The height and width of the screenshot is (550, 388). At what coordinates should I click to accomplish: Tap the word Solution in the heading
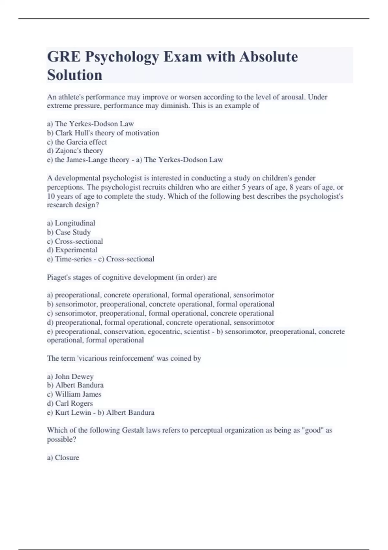[x=75, y=75]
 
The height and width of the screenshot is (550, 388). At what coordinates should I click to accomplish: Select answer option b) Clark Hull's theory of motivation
[x=103, y=133]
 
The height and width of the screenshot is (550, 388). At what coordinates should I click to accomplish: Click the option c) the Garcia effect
[x=77, y=142]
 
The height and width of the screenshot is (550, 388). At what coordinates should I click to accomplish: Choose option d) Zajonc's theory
[x=75, y=151]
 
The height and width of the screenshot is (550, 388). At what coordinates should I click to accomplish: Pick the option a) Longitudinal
[x=71, y=223]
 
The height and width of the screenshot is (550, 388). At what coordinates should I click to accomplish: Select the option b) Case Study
[x=69, y=232]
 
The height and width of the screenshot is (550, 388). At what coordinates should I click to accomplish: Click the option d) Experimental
[x=72, y=250]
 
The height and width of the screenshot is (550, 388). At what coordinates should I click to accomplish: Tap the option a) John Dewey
[x=70, y=377]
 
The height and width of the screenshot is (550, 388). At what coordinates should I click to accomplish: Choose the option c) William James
[x=74, y=394]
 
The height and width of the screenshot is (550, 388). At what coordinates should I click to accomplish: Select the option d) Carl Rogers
[x=70, y=403]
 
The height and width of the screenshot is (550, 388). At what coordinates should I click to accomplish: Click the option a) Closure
[x=63, y=458]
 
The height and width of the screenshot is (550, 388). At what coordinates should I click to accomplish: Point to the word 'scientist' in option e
[x=197, y=332]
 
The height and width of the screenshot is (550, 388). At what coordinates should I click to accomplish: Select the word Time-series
[x=73, y=259]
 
